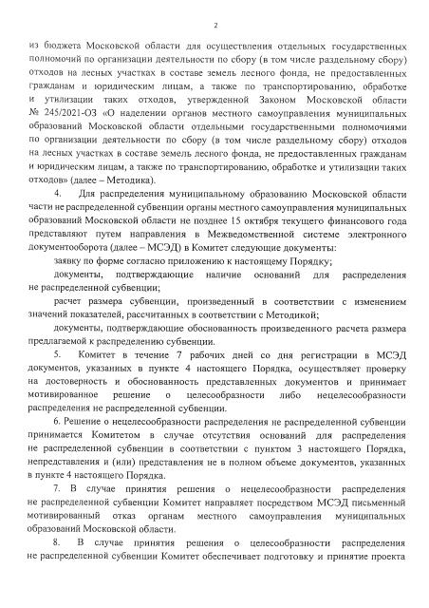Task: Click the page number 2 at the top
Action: click(215, 26)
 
